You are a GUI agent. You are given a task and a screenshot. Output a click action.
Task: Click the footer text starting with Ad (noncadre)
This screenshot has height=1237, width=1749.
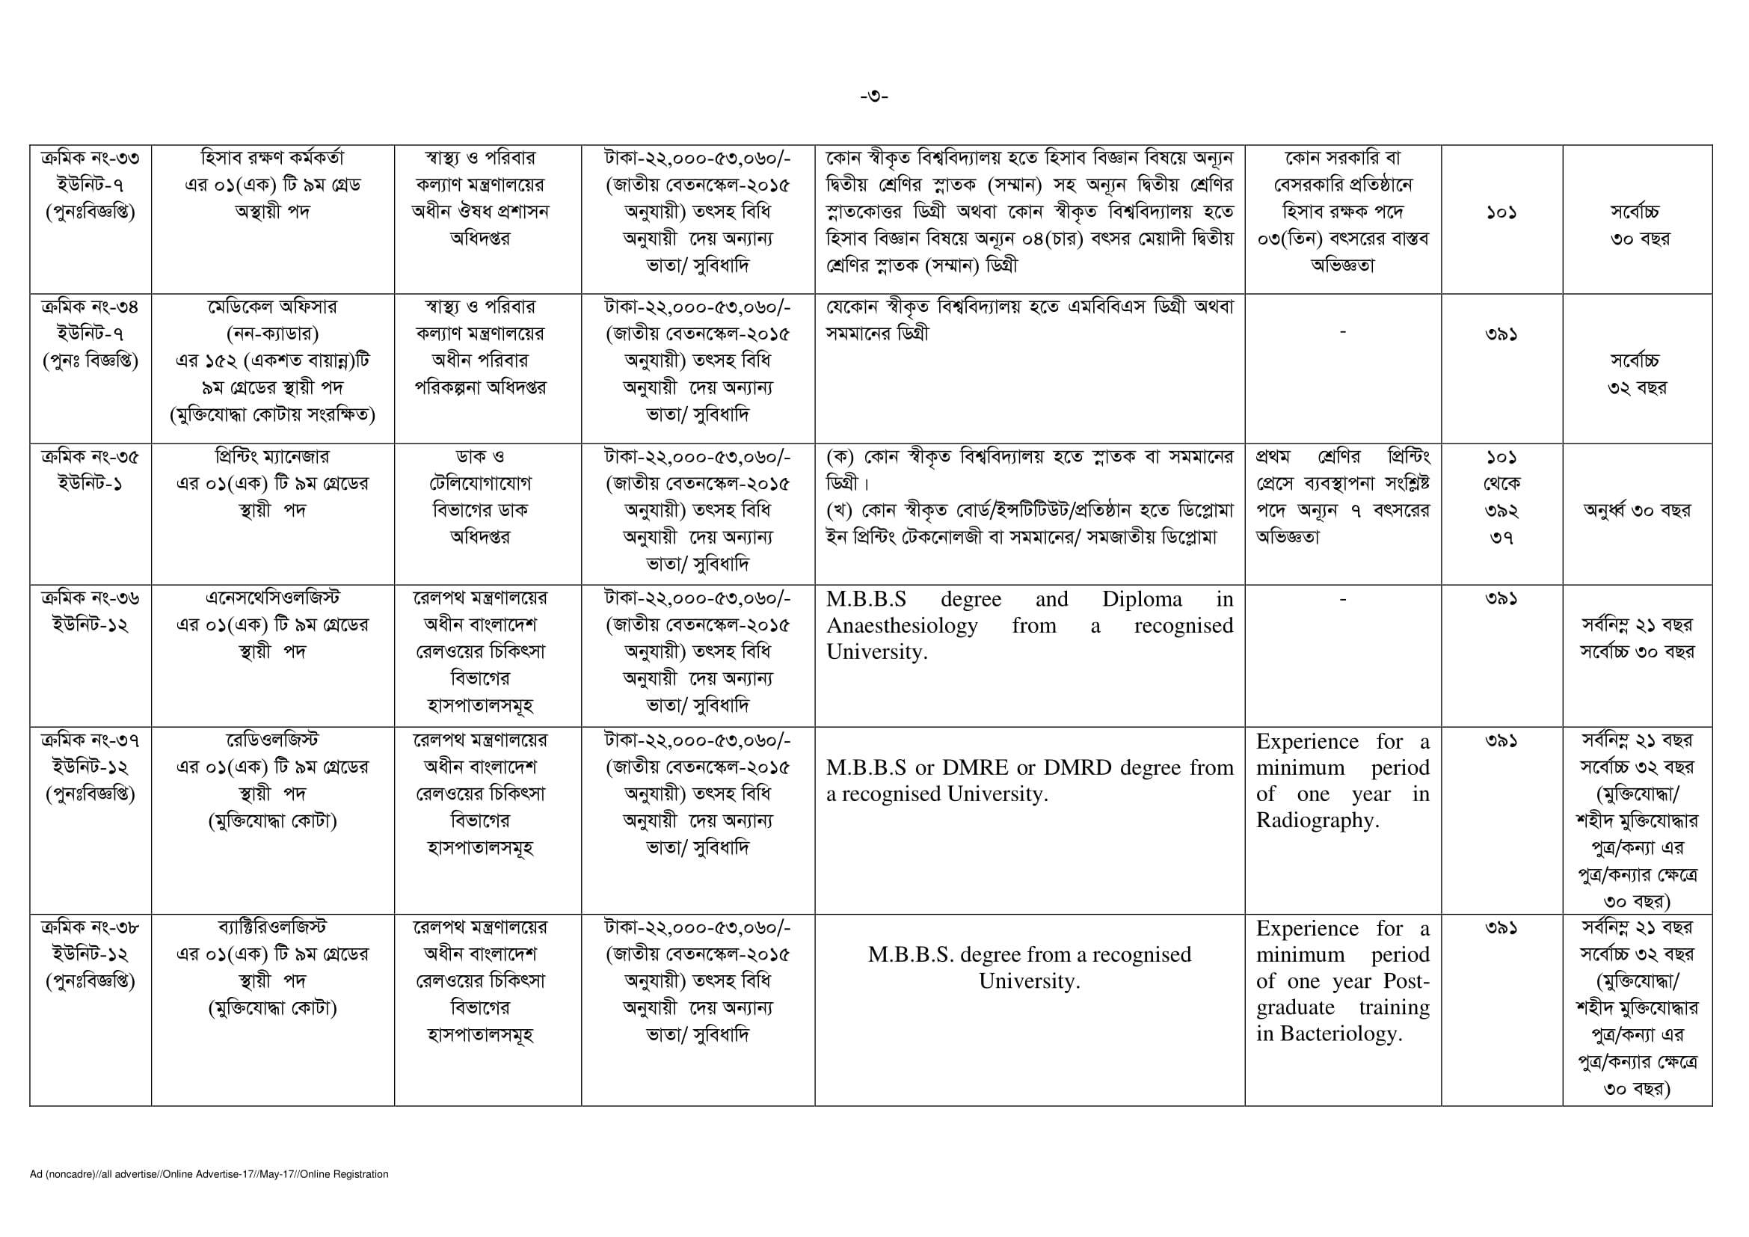coord(209,1173)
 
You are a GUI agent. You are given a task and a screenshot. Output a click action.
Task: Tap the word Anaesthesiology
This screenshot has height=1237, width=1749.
coord(902,626)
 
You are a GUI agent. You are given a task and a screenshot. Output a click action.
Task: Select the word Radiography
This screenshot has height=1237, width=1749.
coord(1317,820)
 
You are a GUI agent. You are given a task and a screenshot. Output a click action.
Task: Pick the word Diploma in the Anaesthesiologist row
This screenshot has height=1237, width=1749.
coord(1142,600)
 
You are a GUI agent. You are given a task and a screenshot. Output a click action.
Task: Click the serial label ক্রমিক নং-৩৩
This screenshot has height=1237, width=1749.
coord(90,159)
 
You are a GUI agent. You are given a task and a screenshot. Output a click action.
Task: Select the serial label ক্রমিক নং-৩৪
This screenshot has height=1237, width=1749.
coord(90,307)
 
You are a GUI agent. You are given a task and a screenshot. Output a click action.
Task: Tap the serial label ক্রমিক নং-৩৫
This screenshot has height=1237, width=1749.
coord(90,457)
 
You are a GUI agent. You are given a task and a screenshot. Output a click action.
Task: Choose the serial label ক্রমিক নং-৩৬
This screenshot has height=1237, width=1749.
coord(90,599)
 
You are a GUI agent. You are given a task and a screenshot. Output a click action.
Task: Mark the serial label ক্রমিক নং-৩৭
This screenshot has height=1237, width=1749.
coord(90,740)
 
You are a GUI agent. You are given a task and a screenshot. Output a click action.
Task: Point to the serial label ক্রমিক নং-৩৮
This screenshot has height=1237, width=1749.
coord(90,927)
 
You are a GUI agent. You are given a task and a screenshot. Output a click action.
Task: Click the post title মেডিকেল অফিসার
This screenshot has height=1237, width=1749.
coord(272,307)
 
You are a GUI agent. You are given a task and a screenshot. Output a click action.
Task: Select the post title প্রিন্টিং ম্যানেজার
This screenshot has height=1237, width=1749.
coord(272,457)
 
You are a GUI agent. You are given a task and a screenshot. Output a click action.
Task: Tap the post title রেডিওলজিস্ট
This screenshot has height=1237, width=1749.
coord(272,740)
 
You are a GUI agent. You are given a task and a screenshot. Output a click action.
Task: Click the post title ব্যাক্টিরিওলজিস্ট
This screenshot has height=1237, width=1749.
coord(272,927)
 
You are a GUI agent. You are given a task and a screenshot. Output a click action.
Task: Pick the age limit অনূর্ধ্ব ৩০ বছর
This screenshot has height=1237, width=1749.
coord(1636,510)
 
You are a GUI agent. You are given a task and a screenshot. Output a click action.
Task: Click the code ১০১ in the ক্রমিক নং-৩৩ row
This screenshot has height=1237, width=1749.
coord(1501,212)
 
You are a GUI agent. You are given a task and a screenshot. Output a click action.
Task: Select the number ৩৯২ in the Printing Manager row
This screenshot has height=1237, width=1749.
coord(1501,511)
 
